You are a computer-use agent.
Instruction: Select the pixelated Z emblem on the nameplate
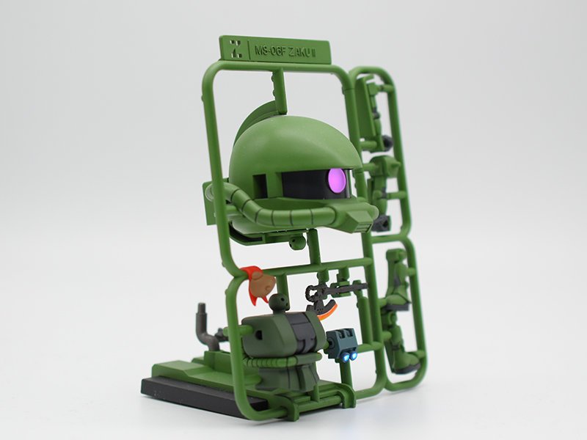[x=236, y=47]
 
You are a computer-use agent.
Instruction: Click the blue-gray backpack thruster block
[x=342, y=343]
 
